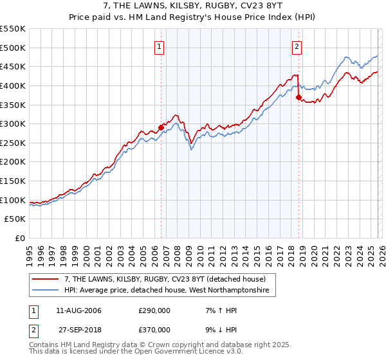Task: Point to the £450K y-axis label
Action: point(13,66)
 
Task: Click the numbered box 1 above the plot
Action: point(159,46)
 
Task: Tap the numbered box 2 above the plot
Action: point(297,46)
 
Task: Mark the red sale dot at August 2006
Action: point(161,127)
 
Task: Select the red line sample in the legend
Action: point(46,279)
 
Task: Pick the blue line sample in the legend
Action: point(46,291)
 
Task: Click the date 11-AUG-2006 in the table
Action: point(78,311)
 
